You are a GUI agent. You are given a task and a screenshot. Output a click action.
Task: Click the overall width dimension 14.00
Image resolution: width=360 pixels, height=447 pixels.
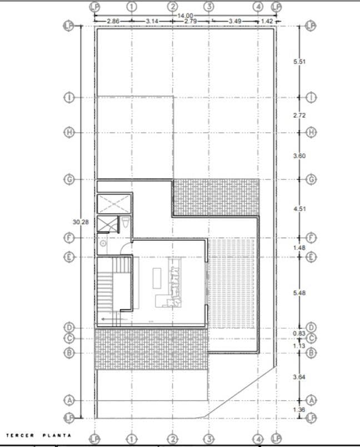[x=185, y=16]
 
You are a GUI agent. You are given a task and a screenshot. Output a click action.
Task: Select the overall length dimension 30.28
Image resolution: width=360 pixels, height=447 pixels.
[x=81, y=222]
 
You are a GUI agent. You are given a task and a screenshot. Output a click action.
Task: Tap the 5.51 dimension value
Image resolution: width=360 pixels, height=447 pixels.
[x=299, y=62]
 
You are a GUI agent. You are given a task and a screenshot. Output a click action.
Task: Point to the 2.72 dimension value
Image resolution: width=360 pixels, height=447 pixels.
[x=299, y=115]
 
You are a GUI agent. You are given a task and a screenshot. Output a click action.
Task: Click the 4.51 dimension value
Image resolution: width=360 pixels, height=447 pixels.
[x=299, y=209]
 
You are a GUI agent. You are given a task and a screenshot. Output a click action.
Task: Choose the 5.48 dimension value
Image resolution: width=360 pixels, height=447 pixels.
[x=299, y=293]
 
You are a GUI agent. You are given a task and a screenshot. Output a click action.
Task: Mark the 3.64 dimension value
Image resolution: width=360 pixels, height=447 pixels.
[x=299, y=378]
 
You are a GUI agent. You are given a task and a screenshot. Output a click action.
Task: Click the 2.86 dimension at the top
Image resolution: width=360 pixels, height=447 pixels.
[x=113, y=21]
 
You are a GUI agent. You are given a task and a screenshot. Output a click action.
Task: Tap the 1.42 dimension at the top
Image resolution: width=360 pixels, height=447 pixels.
[x=267, y=21]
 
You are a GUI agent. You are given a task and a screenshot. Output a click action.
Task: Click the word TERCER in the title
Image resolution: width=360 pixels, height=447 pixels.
[x=19, y=435]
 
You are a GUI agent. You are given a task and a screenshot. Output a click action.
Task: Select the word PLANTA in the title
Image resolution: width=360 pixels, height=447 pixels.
[x=58, y=435]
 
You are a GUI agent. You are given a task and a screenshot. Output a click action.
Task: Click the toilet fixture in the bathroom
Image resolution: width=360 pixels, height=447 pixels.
[x=126, y=224]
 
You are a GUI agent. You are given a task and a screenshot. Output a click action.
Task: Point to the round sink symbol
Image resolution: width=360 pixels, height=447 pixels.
[x=103, y=243]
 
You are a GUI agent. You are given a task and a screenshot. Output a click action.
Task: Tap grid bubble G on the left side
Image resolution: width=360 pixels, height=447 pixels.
[x=69, y=180]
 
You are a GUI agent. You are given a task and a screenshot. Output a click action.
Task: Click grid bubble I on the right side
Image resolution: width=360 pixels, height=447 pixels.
[x=311, y=97]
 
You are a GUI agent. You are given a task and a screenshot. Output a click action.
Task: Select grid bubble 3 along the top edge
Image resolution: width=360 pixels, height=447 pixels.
[x=209, y=7]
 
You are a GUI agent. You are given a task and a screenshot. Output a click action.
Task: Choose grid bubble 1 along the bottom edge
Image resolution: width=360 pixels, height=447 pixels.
[x=132, y=440]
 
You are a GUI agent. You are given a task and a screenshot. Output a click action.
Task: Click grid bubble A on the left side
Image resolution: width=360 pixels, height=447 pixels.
[x=69, y=400]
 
